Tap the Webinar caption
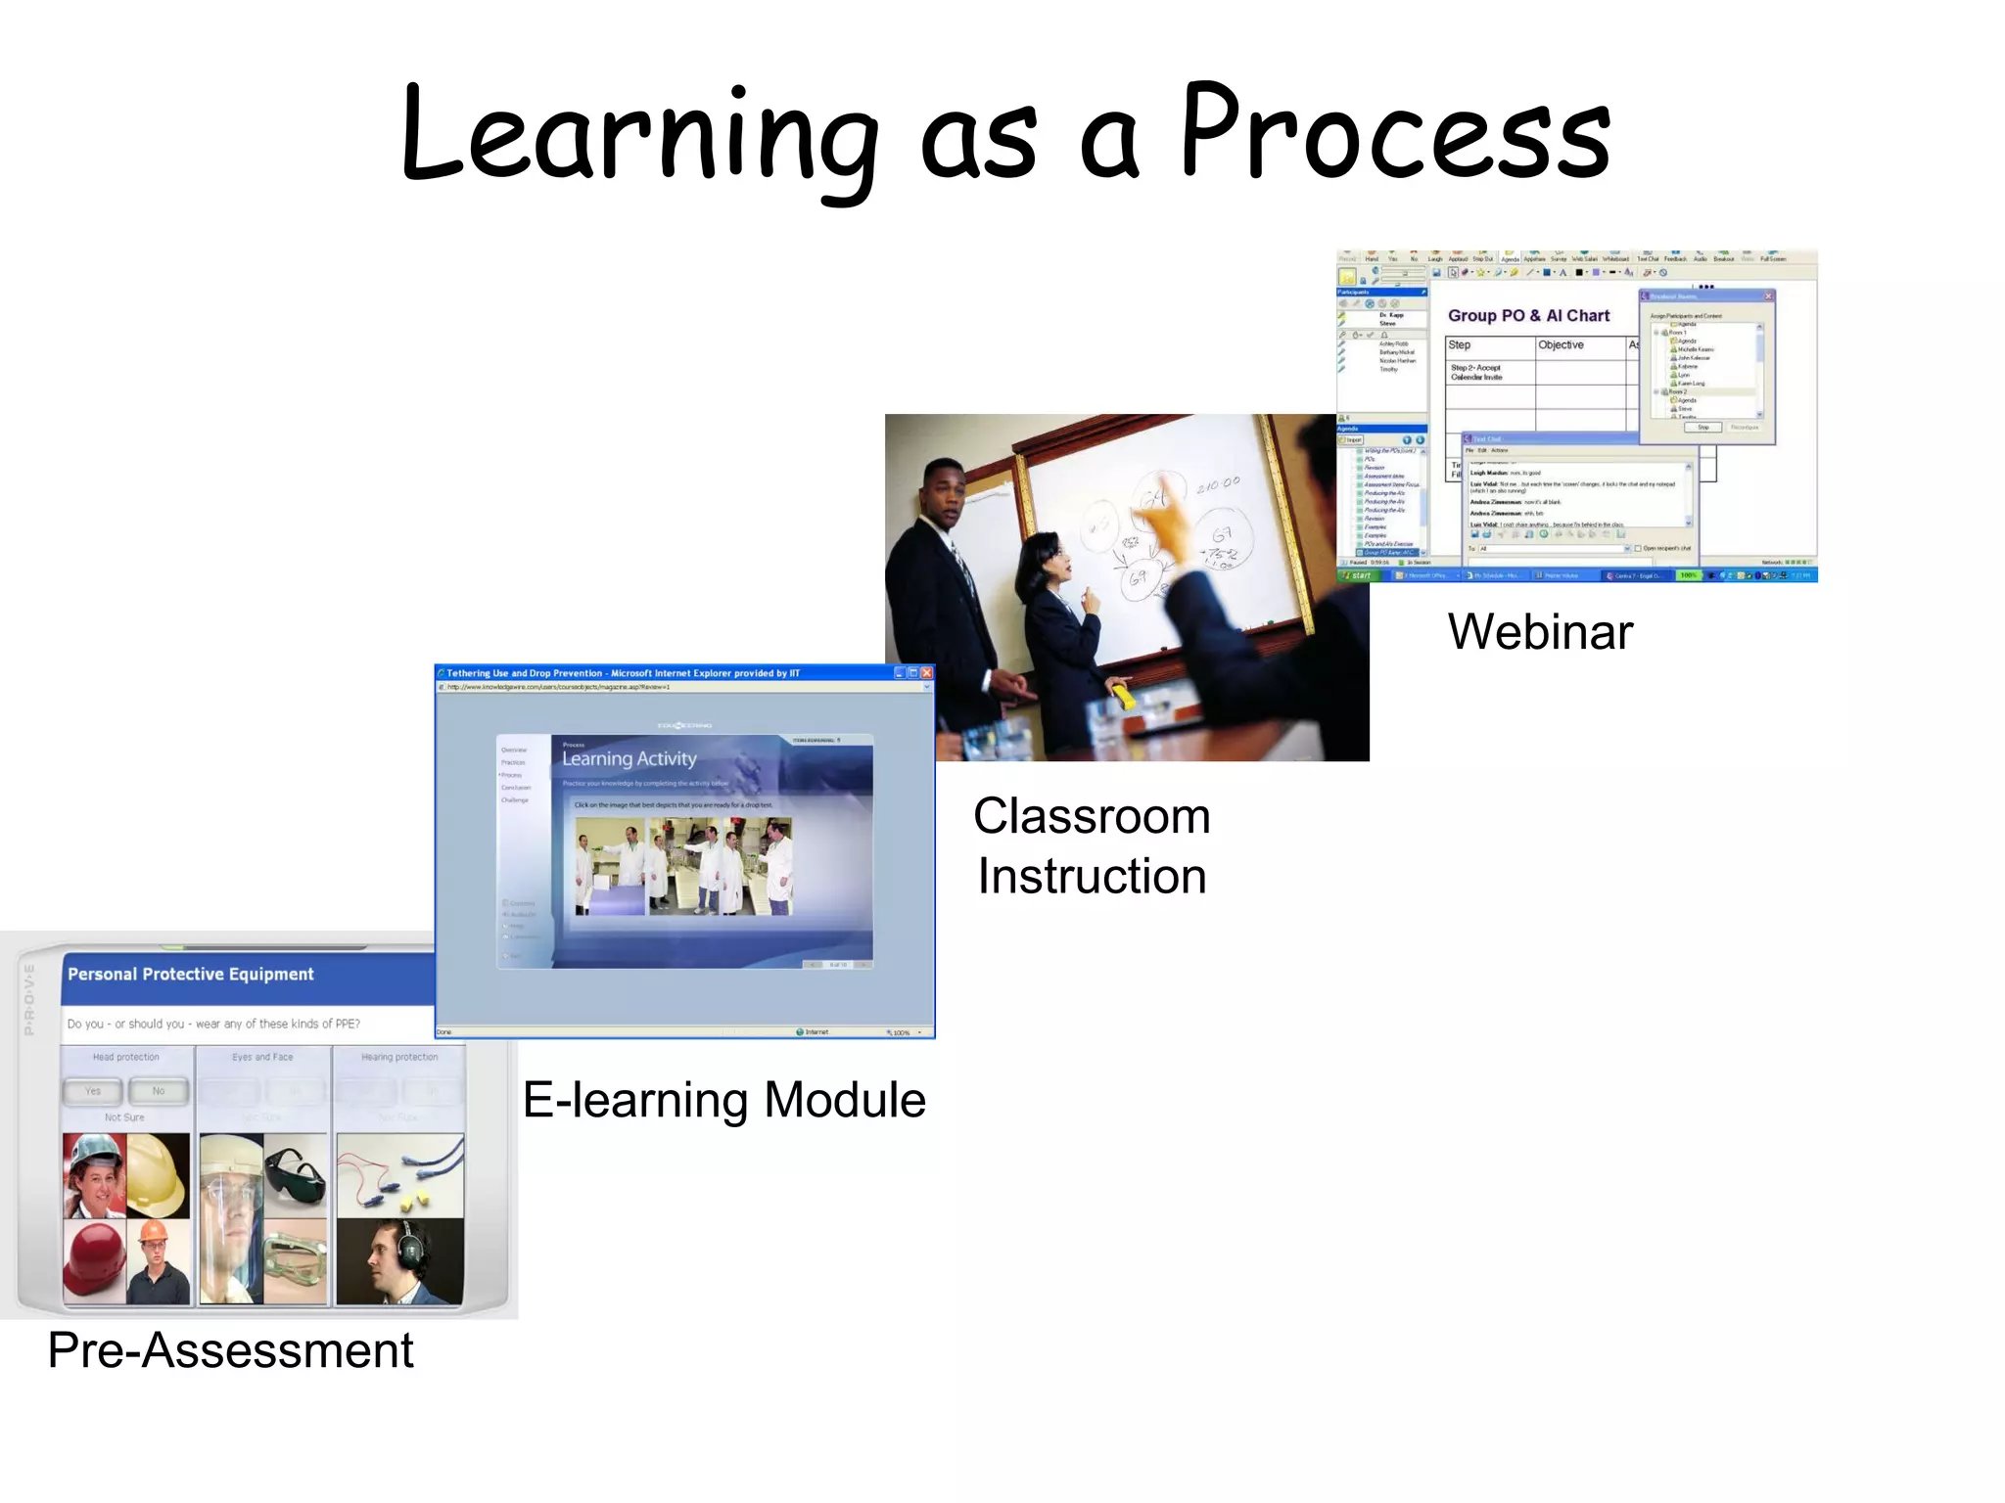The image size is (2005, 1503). coord(1540,632)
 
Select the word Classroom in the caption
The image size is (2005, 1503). coord(1092,816)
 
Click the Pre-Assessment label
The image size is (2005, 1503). coord(230,1350)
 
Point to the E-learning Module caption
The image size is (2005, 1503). coord(723,1100)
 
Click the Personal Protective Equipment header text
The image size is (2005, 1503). coord(191,975)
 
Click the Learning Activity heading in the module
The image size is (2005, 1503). coord(629,758)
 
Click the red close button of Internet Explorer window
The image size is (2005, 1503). coord(927,673)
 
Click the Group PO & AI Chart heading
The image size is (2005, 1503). coord(1528,316)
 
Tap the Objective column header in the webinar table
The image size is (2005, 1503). coord(1561,345)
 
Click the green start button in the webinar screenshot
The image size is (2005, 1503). coord(1357,575)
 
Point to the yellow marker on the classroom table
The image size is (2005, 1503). coord(1122,696)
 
